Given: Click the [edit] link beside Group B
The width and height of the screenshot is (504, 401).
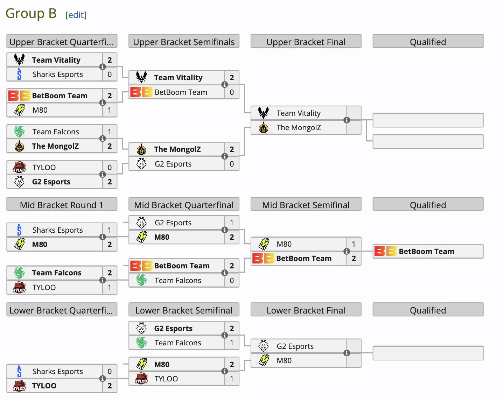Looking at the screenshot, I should click(76, 15).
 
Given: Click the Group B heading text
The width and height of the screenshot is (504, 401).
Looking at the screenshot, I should click(31, 14).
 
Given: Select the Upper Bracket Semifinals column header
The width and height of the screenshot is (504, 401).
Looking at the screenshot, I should click(184, 42).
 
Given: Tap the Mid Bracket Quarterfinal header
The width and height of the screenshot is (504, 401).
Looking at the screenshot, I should click(184, 205).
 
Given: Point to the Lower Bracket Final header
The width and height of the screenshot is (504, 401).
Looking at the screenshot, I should click(306, 310).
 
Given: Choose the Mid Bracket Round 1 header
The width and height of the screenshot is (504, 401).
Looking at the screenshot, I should click(62, 205).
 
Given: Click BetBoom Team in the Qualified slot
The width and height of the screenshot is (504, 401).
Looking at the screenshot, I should click(426, 251).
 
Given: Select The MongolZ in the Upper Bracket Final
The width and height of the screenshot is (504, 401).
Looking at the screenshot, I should click(299, 128).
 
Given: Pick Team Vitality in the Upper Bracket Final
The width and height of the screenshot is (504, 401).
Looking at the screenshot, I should click(299, 113).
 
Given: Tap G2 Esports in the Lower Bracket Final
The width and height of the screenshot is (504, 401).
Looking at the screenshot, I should click(295, 346).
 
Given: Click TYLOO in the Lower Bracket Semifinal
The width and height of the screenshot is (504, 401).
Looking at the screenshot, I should click(166, 379).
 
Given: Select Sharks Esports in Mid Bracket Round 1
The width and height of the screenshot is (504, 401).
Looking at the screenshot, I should click(58, 230).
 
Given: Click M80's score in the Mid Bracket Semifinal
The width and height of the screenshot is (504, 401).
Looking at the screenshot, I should click(354, 244).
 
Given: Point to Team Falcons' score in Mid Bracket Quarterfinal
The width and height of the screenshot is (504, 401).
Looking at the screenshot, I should click(232, 280).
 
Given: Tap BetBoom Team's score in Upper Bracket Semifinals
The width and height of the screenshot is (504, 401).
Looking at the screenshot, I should click(232, 92).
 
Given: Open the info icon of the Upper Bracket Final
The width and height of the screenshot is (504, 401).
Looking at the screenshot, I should click(347, 120).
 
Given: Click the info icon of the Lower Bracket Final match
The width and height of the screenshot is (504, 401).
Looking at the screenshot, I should click(347, 353).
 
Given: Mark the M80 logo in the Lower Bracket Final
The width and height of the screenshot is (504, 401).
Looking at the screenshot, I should click(264, 360).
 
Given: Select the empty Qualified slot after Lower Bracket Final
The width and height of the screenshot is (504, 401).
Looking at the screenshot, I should click(428, 353).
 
